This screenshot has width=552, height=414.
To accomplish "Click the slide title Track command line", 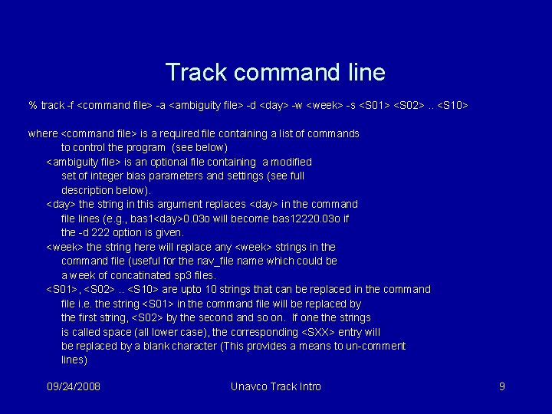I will (275, 73).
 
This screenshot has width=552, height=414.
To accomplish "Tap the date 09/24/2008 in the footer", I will (74, 386).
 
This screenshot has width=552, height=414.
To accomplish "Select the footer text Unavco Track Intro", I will (275, 386).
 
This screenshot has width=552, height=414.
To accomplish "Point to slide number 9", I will (501, 386).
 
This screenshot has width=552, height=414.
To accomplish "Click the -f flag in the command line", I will (71, 105).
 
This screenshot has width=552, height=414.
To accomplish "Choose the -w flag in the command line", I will (297, 105).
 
